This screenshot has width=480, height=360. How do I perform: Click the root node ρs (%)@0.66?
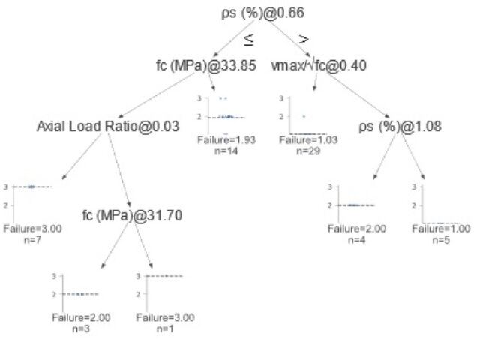tap(264, 13)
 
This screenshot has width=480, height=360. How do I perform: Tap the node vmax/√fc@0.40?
tap(319, 65)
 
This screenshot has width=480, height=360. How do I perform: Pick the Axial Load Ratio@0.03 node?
tap(107, 127)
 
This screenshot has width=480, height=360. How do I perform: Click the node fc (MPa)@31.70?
tap(132, 217)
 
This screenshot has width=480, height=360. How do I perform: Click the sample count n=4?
tap(357, 240)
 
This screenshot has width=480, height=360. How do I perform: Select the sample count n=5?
tap(440, 240)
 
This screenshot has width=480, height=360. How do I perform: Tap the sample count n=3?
tap(81, 328)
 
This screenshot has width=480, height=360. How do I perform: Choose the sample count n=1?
tap(164, 328)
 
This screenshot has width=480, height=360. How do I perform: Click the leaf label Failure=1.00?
tap(440, 229)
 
